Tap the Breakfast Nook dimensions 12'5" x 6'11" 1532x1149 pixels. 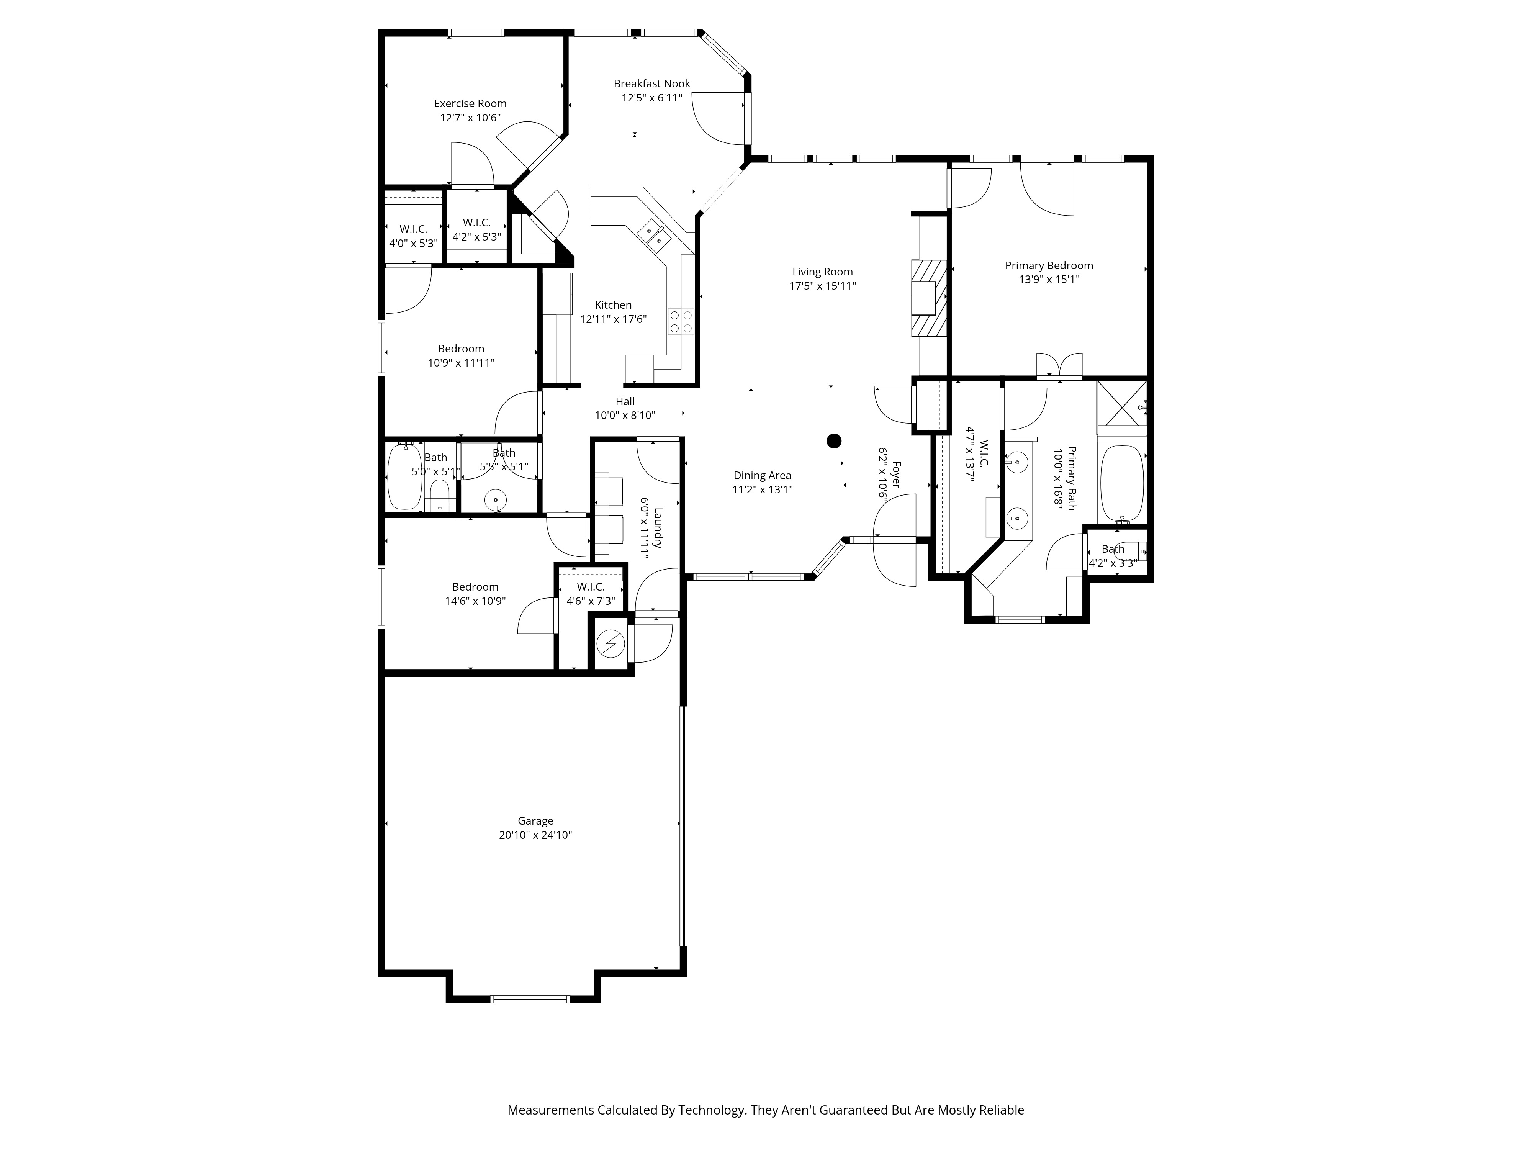(x=652, y=98)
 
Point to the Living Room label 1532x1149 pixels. (x=823, y=272)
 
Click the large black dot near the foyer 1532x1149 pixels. (x=834, y=440)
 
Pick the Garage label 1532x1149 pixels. (x=535, y=821)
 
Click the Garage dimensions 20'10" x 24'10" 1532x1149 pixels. (x=535, y=835)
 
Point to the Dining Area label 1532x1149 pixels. (x=762, y=475)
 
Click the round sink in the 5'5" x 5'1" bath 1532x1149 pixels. (x=495, y=499)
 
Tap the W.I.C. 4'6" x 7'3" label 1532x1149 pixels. (x=591, y=594)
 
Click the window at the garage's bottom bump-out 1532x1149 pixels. (x=530, y=999)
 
